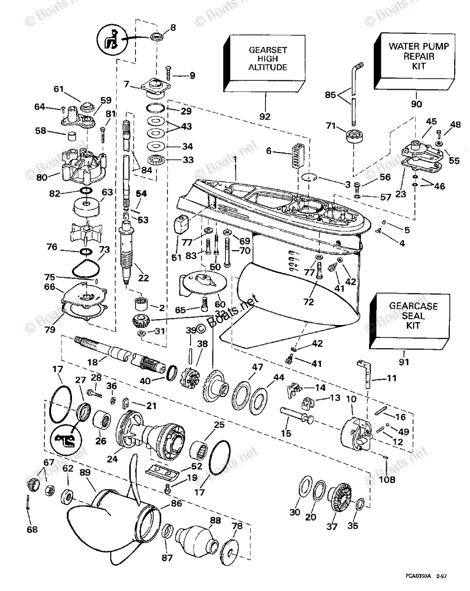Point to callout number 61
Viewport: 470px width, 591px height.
point(72,89)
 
